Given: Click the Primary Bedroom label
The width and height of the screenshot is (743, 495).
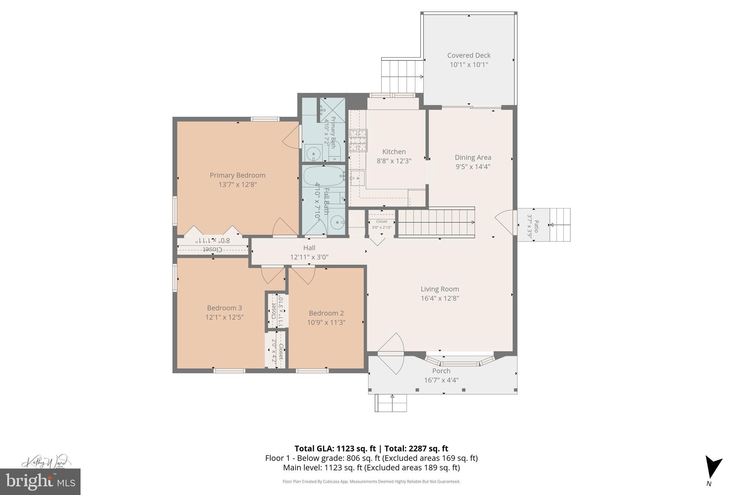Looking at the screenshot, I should point(238,175).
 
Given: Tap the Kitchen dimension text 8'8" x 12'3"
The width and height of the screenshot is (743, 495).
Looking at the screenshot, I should point(394,161).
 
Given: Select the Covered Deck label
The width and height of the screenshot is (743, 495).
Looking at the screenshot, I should point(469,55).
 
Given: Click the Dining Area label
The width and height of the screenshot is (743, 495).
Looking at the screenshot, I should point(473,157).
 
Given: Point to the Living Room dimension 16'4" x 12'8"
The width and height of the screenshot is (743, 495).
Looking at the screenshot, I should point(440,298).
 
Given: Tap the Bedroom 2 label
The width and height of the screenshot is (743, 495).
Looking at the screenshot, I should point(326,313).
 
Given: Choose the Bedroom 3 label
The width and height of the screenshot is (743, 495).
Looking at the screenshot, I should point(224,308).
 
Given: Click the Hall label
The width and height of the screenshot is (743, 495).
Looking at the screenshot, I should point(309,248).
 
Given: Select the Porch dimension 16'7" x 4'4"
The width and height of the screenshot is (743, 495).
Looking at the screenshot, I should point(441,380).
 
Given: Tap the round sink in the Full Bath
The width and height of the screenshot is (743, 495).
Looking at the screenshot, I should point(338,222).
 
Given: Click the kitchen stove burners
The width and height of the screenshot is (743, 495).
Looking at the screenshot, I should point(358,140).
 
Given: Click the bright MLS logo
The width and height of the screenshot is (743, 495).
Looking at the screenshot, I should point(40,482).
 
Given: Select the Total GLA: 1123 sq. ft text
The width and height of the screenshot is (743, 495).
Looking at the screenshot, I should point(335,448).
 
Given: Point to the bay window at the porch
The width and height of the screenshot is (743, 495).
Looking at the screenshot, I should point(460,361).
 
